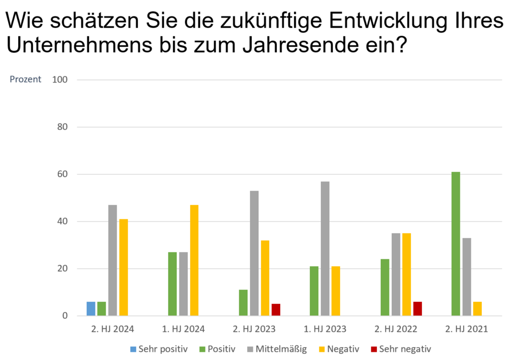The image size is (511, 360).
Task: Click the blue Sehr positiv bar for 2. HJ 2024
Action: (x=91, y=309)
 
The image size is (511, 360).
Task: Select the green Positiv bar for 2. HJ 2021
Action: (x=456, y=245)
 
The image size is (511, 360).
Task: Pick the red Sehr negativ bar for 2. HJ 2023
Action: (x=276, y=310)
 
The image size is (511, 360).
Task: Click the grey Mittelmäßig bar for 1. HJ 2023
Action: (x=325, y=249)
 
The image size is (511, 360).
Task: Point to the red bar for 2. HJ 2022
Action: (x=418, y=309)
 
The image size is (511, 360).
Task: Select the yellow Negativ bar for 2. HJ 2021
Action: (x=477, y=309)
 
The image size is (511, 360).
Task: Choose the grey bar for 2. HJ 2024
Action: (x=113, y=261)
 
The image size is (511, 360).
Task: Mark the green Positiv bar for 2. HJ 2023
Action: (x=243, y=303)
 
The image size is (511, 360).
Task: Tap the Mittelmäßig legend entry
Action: (x=276, y=348)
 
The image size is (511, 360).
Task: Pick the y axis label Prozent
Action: (x=25, y=79)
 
